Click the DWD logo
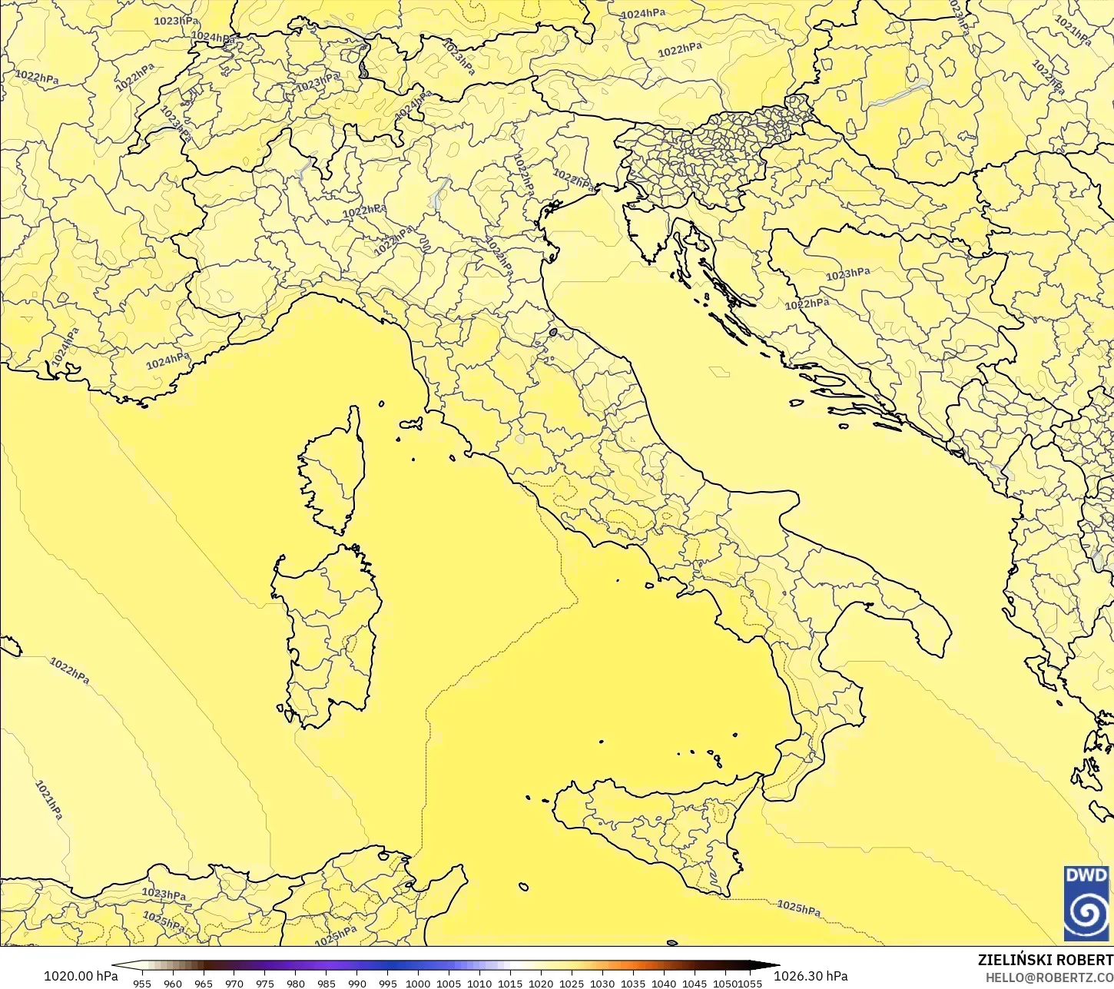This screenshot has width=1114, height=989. pos(1086,902)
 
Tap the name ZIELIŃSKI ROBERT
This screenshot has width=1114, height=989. pos(1045,961)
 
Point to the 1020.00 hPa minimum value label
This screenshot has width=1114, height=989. pos(81,976)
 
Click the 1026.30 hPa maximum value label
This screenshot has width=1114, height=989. pos(811,976)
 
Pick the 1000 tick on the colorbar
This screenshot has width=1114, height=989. pos(418,983)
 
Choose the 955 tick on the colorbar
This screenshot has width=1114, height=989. pos(142,983)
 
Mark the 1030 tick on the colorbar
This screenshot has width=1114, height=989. pos(602,983)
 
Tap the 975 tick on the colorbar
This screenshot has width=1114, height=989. pos(265,983)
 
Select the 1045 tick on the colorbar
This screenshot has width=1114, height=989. pos(695,983)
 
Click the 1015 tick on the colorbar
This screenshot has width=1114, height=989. pos(510,983)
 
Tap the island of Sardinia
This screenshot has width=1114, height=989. pos(327,630)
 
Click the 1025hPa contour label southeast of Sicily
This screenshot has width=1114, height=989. pos(798,908)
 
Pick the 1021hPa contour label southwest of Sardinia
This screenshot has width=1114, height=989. pos(49,800)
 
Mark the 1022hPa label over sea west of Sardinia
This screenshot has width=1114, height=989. pos(69,670)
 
